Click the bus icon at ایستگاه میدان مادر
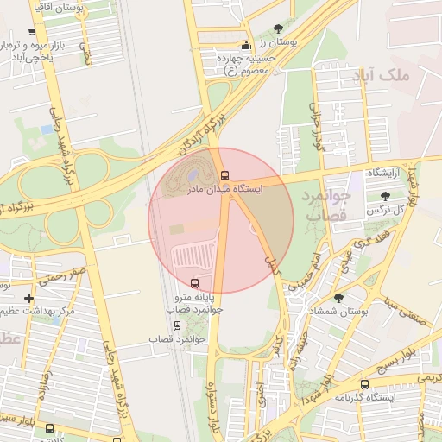tap(225, 174)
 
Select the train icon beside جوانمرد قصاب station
tap(178, 325)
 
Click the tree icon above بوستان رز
tap(277, 28)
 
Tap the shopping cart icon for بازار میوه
tap(32, 32)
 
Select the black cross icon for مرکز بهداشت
tap(29, 297)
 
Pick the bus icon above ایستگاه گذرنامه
tap(363, 384)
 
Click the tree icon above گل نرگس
tap(384, 196)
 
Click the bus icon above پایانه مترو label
tap(193, 282)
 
